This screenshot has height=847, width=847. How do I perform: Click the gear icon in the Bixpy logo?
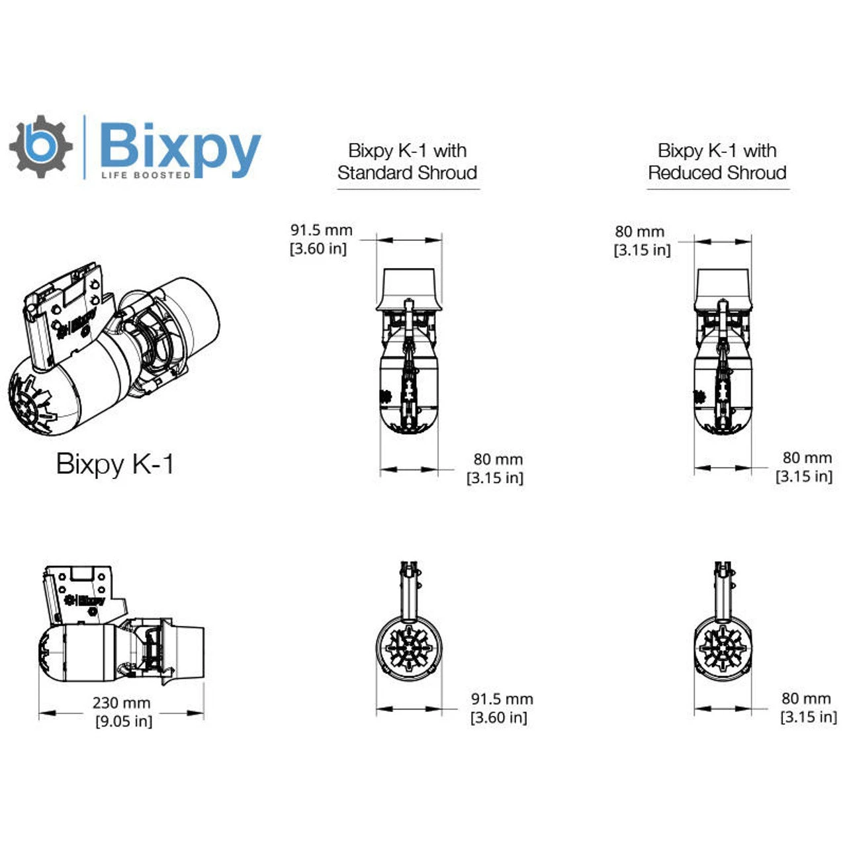(41, 147)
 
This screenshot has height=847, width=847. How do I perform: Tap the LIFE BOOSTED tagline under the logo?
(146, 175)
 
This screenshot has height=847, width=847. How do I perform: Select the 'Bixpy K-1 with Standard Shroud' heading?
(408, 161)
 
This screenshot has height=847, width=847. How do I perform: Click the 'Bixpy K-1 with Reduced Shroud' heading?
(717, 161)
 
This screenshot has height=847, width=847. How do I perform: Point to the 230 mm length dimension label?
(121, 703)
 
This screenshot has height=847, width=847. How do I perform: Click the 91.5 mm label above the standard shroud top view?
(321, 230)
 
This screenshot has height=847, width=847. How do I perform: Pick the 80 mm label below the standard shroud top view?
(498, 459)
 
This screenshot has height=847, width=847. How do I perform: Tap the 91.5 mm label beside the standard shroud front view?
(502, 699)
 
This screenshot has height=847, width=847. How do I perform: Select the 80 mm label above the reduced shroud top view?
(639, 232)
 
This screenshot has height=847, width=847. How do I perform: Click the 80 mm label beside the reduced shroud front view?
(806, 698)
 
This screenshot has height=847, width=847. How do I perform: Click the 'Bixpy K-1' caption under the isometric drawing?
(115, 464)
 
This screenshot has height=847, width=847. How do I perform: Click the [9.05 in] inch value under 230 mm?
(124, 721)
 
